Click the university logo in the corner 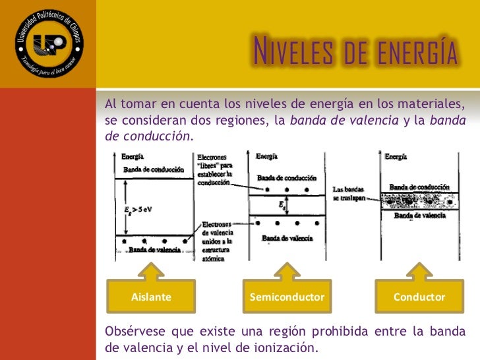(x=47, y=45)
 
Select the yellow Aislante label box (x=151, y=297)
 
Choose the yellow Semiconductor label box (x=287, y=297)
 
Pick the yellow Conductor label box (x=419, y=297)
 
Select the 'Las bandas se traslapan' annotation (x=349, y=193)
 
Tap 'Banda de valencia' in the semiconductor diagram (x=287, y=238)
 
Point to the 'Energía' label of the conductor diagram (x=396, y=157)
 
